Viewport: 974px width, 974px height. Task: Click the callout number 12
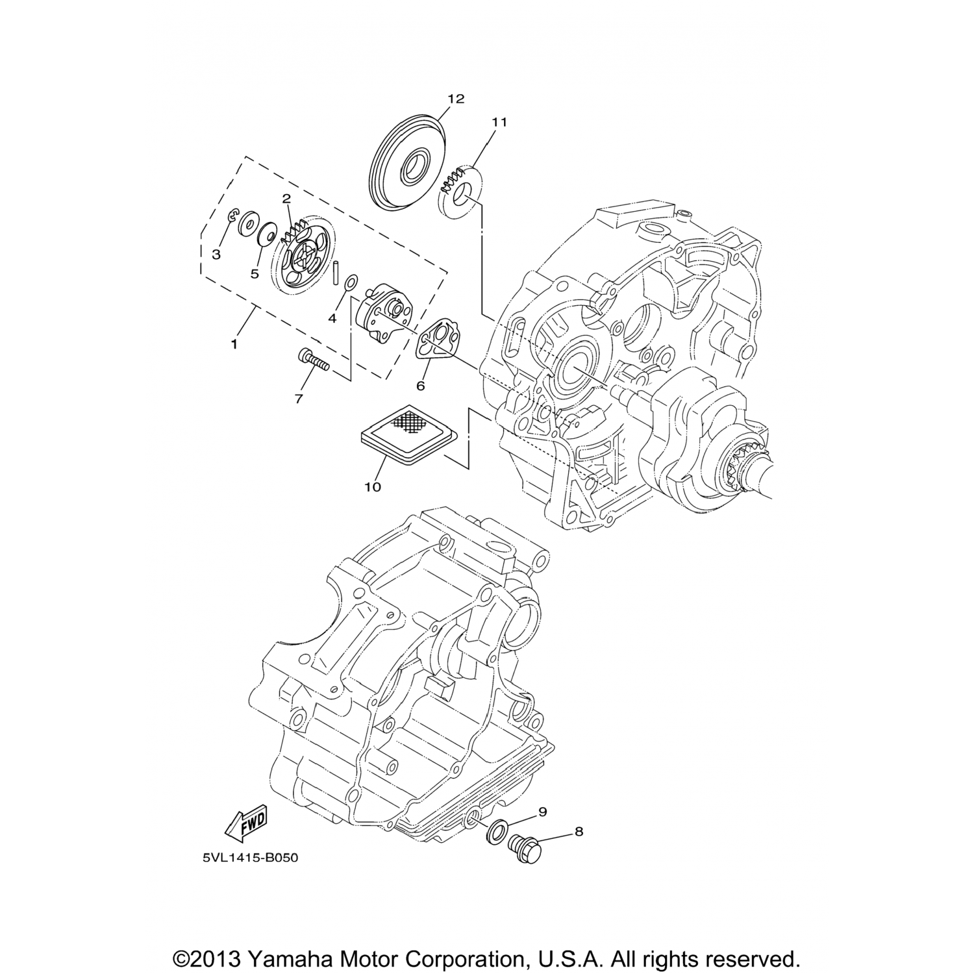coord(456,99)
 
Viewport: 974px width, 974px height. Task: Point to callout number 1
coord(234,343)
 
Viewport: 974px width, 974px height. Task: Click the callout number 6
coord(421,386)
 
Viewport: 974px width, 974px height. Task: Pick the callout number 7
coord(299,399)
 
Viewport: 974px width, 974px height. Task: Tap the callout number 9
coord(542,812)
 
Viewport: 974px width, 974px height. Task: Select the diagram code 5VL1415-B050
coord(250,858)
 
